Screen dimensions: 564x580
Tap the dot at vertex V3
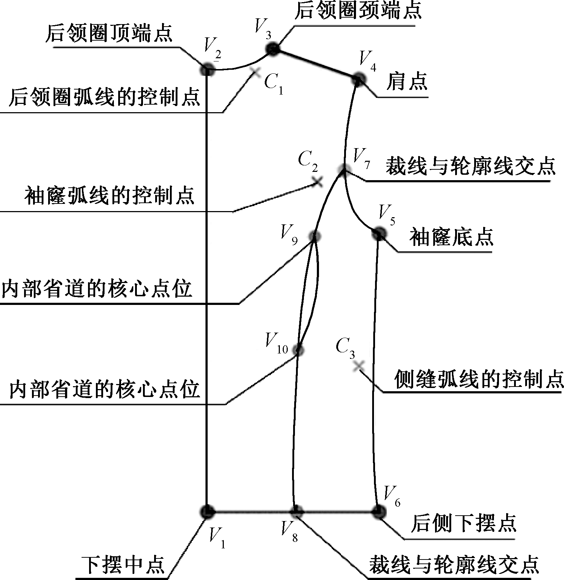coord(273,49)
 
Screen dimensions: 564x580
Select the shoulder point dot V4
coord(357,79)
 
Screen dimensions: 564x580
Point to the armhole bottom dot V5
coord(379,234)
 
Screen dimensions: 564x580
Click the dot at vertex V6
coord(378,512)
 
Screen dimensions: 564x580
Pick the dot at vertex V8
coord(297,512)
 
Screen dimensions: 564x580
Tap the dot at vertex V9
coord(315,236)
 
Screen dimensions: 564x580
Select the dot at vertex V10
coord(298,350)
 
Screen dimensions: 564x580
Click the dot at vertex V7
coord(343,169)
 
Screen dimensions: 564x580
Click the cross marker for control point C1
coord(256,72)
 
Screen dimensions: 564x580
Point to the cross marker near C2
coord(317,182)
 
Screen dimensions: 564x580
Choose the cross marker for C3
coord(358,366)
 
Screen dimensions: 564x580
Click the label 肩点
coord(407,81)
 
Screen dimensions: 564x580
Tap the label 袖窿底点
coord(451,237)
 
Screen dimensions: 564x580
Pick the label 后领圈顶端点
coord(109,33)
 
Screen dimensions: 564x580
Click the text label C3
coord(345,348)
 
